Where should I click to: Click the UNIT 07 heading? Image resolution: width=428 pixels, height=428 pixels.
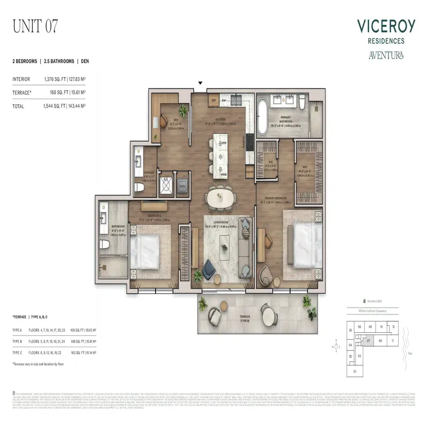click(35, 25)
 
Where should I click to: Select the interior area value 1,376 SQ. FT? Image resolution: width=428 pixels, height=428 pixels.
click(56, 79)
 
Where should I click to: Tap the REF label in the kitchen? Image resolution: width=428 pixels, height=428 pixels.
click(198, 100)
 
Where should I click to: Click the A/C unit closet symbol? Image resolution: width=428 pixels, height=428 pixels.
click(165, 185)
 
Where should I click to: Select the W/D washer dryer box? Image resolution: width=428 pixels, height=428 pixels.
click(182, 185)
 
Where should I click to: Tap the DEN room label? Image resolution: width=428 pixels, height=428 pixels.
click(174, 120)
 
